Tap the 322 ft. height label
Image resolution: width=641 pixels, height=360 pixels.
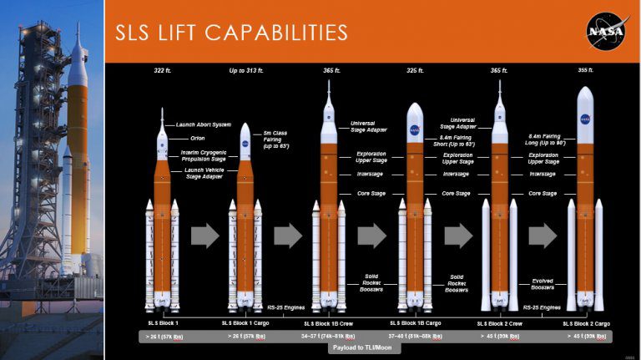[x=161, y=70]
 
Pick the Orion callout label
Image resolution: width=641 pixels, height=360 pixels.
[x=197, y=139]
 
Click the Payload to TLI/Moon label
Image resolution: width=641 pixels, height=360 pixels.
[x=361, y=347]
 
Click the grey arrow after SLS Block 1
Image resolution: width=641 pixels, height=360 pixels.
[x=205, y=236]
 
